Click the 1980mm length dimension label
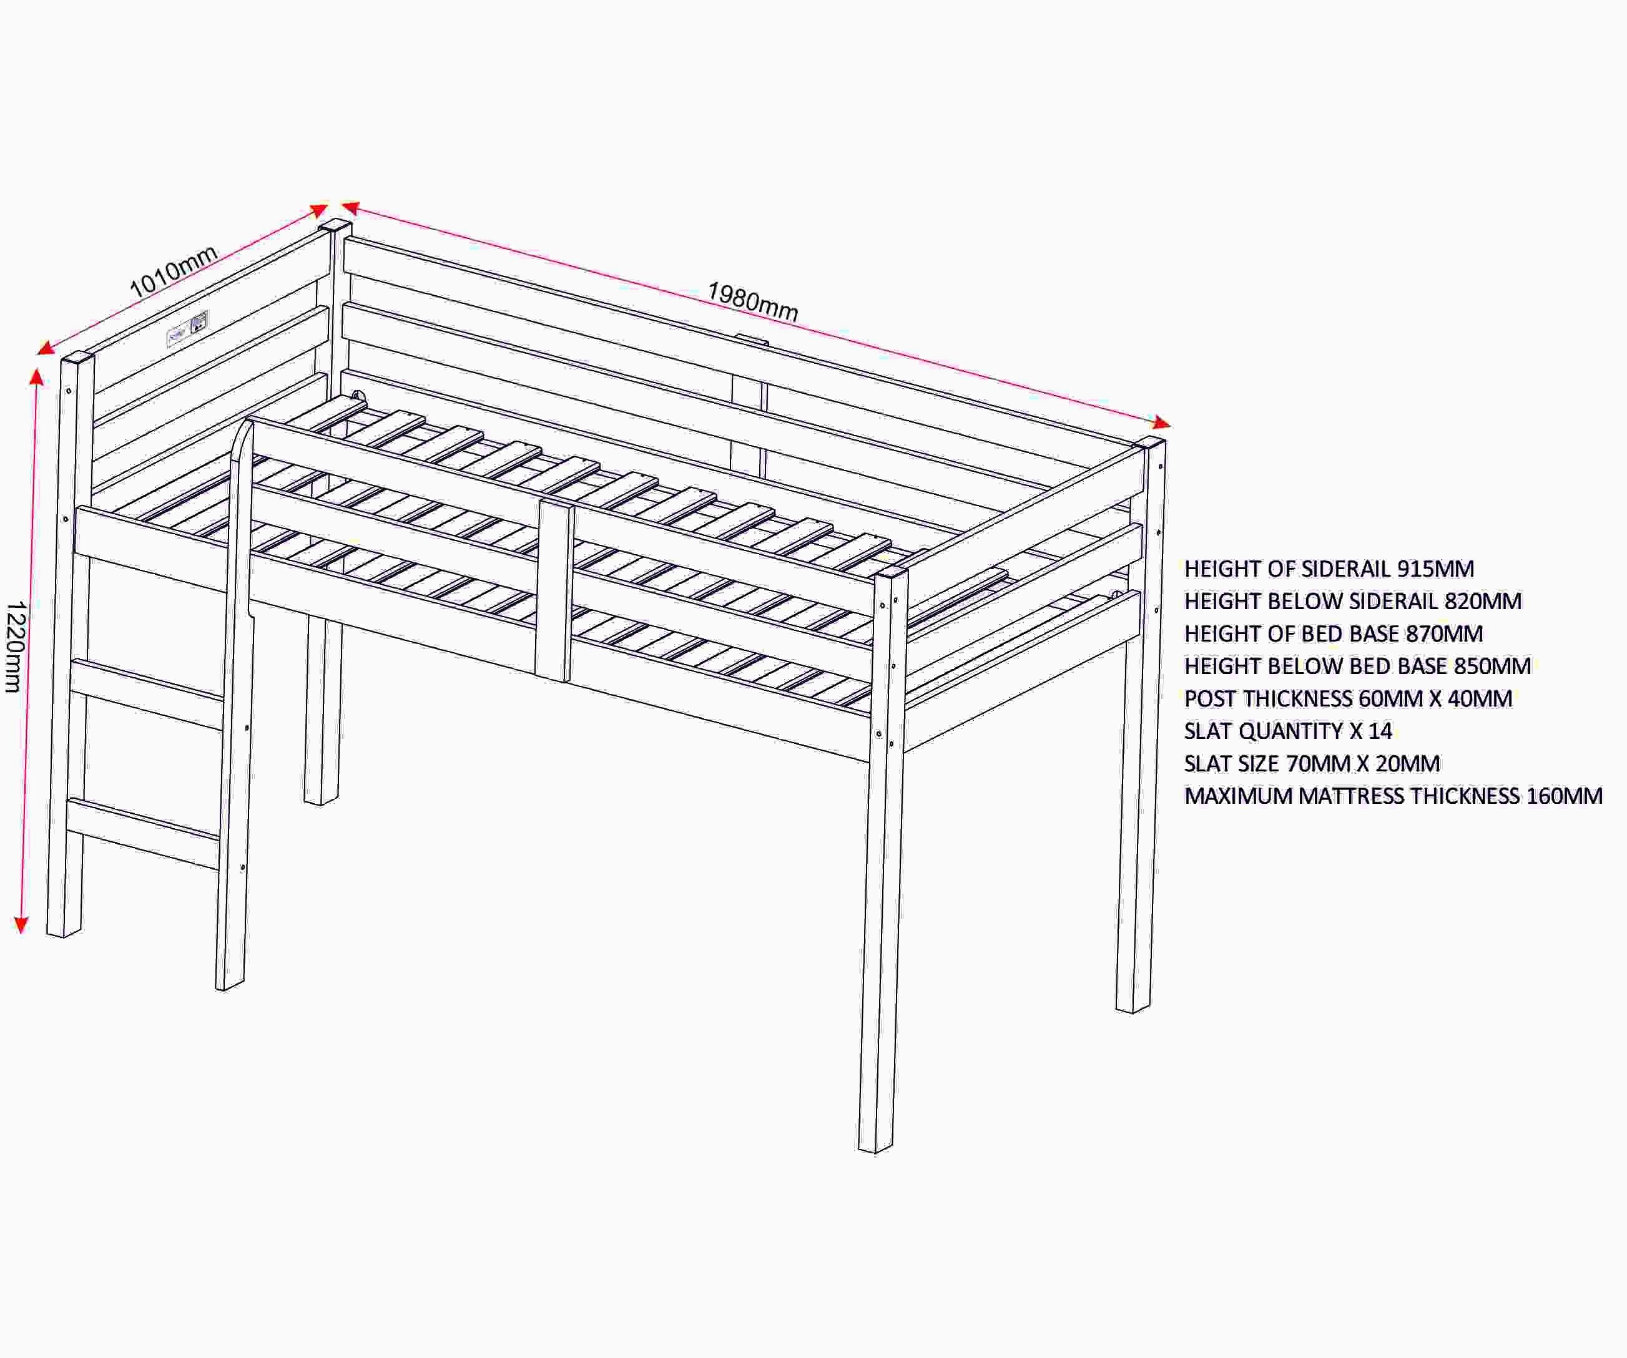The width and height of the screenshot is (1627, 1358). pos(752,301)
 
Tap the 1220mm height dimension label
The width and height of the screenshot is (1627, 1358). pos(16,647)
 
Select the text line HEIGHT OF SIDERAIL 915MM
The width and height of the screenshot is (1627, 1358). pos(1329,569)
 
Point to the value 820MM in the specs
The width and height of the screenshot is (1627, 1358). pos(1483,601)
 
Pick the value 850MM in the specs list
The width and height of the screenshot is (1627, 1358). pos(1492,667)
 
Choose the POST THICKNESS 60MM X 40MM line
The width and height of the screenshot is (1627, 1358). pos(1348,699)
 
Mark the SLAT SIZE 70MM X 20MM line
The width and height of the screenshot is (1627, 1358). pos(1312,764)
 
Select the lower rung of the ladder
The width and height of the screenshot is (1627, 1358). pos(144,833)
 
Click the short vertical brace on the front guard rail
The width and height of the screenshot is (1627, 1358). pos(555,591)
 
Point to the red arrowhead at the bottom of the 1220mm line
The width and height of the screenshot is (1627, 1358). pos(22,925)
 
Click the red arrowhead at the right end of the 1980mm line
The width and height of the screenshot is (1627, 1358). pos(1161,423)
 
